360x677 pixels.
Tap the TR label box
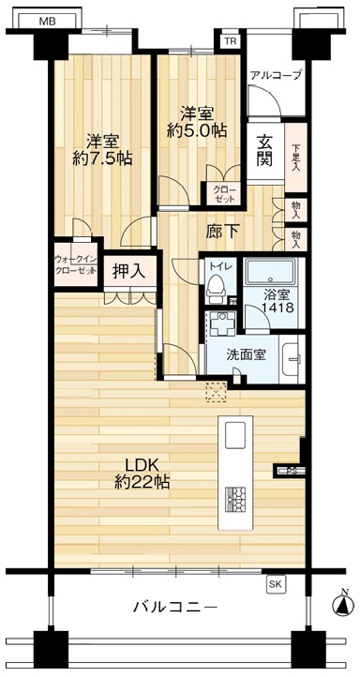(230, 40)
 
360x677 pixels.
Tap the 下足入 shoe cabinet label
(295, 152)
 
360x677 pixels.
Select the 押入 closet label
(128, 272)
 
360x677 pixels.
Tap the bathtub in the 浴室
(271, 274)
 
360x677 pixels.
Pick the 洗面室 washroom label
(247, 355)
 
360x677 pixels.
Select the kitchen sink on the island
(235, 433)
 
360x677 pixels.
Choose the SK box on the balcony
(276, 583)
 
